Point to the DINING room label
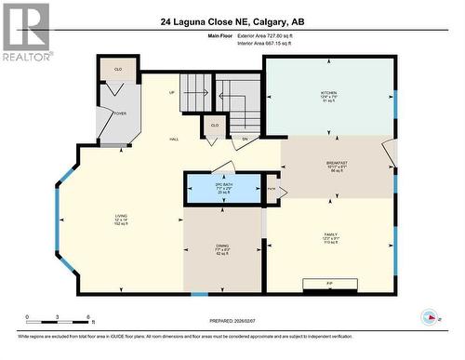[223, 248]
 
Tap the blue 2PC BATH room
[222, 189]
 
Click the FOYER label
[120, 113]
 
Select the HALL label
[174, 140]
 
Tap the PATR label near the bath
[272, 189]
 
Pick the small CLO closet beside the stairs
[215, 125]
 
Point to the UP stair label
[170, 92]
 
